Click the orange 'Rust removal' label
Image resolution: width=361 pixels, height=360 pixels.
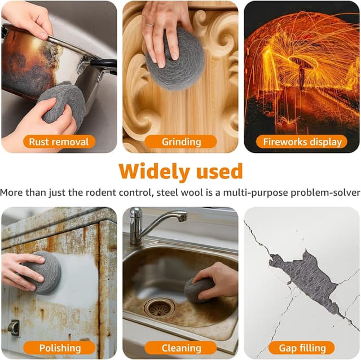tap(59, 142)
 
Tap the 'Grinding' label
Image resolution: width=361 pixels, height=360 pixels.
tap(181, 142)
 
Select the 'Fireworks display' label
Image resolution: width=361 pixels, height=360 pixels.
tap(302, 142)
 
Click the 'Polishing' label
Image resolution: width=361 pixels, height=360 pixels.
tap(60, 348)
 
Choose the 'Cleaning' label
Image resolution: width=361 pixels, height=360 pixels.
tap(181, 348)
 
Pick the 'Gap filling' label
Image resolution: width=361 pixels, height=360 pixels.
tap(302, 348)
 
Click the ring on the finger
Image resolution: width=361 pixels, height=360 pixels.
tap(149, 25)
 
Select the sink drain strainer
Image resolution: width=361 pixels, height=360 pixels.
tap(159, 308)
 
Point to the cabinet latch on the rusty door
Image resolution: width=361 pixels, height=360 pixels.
tap(14, 327)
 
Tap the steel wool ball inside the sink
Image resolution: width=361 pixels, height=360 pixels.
tap(198, 289)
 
